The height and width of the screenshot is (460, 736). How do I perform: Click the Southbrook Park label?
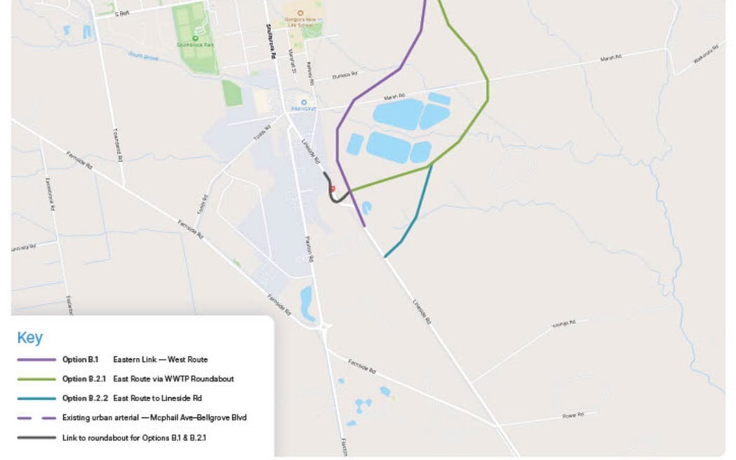click(195, 45)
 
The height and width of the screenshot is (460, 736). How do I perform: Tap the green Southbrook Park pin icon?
click(195, 38)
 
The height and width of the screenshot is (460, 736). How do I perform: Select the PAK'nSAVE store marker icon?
click(304, 102)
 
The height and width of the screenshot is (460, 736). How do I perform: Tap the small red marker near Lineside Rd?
click(332, 189)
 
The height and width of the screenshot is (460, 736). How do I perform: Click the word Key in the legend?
click(30, 338)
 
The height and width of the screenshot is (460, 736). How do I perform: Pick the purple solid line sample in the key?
click(36, 360)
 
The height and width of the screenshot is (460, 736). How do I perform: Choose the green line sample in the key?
click(36, 379)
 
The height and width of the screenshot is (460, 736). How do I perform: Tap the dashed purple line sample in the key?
click(36, 418)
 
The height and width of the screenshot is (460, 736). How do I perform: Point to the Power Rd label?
click(573, 416)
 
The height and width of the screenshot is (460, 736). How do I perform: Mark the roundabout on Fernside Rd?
click(324, 326)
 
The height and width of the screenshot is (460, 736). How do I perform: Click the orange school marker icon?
click(301, 13)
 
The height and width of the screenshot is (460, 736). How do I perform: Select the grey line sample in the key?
click(36, 438)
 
